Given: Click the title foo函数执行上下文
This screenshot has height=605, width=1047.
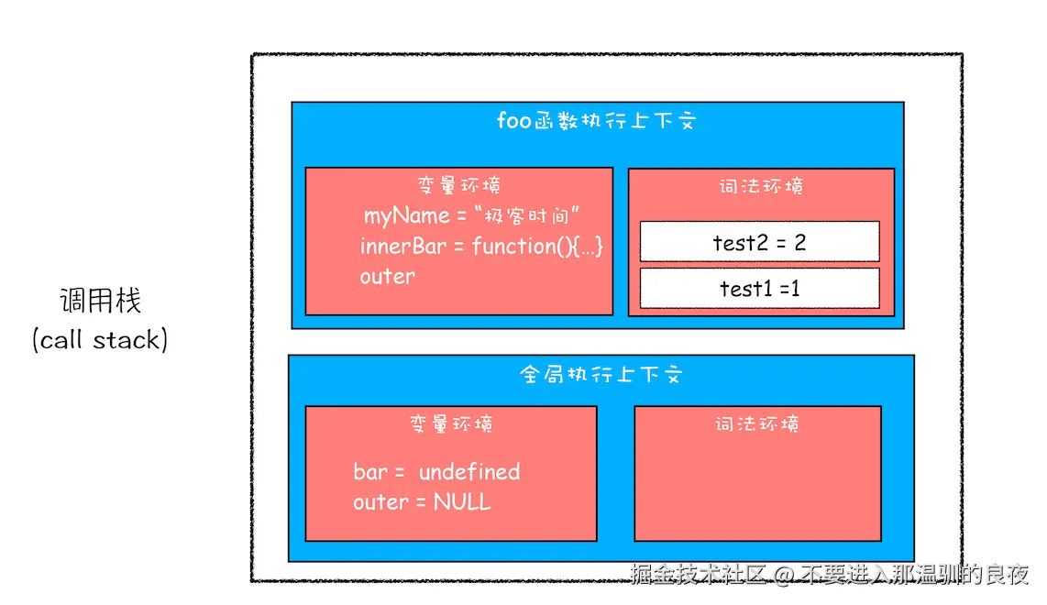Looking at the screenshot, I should (x=596, y=121).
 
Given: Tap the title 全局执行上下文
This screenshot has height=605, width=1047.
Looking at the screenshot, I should (x=601, y=375).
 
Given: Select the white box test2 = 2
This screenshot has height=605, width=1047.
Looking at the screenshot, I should (x=759, y=242).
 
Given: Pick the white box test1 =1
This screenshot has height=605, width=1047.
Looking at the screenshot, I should (x=759, y=288).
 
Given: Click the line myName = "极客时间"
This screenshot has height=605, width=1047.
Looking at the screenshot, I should (x=474, y=216).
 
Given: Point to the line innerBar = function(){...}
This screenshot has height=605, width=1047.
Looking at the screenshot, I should (x=481, y=247).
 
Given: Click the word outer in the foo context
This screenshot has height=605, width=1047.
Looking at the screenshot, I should (x=387, y=276).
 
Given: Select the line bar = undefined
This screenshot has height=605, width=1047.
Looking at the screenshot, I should (x=436, y=472).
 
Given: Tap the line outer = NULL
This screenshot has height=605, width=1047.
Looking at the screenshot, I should (x=422, y=502).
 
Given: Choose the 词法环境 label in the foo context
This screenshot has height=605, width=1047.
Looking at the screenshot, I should (x=761, y=187).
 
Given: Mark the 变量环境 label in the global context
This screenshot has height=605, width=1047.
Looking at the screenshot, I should (x=451, y=424).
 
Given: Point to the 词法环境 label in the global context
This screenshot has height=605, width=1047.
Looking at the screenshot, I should (x=757, y=424).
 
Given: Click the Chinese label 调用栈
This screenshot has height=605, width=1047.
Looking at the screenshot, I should (x=101, y=301).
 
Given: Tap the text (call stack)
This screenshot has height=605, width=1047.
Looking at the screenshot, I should (x=101, y=340).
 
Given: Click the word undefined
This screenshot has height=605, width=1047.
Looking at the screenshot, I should (x=469, y=472).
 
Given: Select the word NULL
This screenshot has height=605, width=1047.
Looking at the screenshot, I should (x=462, y=502).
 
